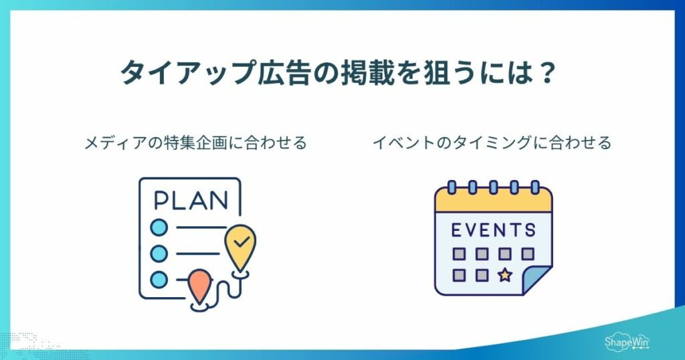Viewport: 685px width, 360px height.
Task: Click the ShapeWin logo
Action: tap(627, 342)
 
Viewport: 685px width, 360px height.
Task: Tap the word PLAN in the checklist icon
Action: tap(191, 201)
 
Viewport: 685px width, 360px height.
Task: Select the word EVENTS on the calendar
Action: tap(493, 230)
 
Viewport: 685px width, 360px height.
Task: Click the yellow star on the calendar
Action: tap(505, 275)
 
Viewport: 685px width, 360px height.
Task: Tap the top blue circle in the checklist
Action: tap(159, 228)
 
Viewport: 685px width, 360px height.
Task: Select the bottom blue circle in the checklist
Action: tap(159, 280)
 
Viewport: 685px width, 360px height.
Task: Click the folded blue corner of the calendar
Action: tap(536, 280)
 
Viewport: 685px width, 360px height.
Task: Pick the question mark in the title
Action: tap(546, 72)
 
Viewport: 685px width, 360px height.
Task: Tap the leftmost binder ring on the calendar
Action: tap(452, 187)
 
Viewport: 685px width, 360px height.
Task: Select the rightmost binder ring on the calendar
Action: tap(534, 187)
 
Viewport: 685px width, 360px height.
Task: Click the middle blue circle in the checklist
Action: tap(159, 254)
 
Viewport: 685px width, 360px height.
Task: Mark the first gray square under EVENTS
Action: tap(459, 254)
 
